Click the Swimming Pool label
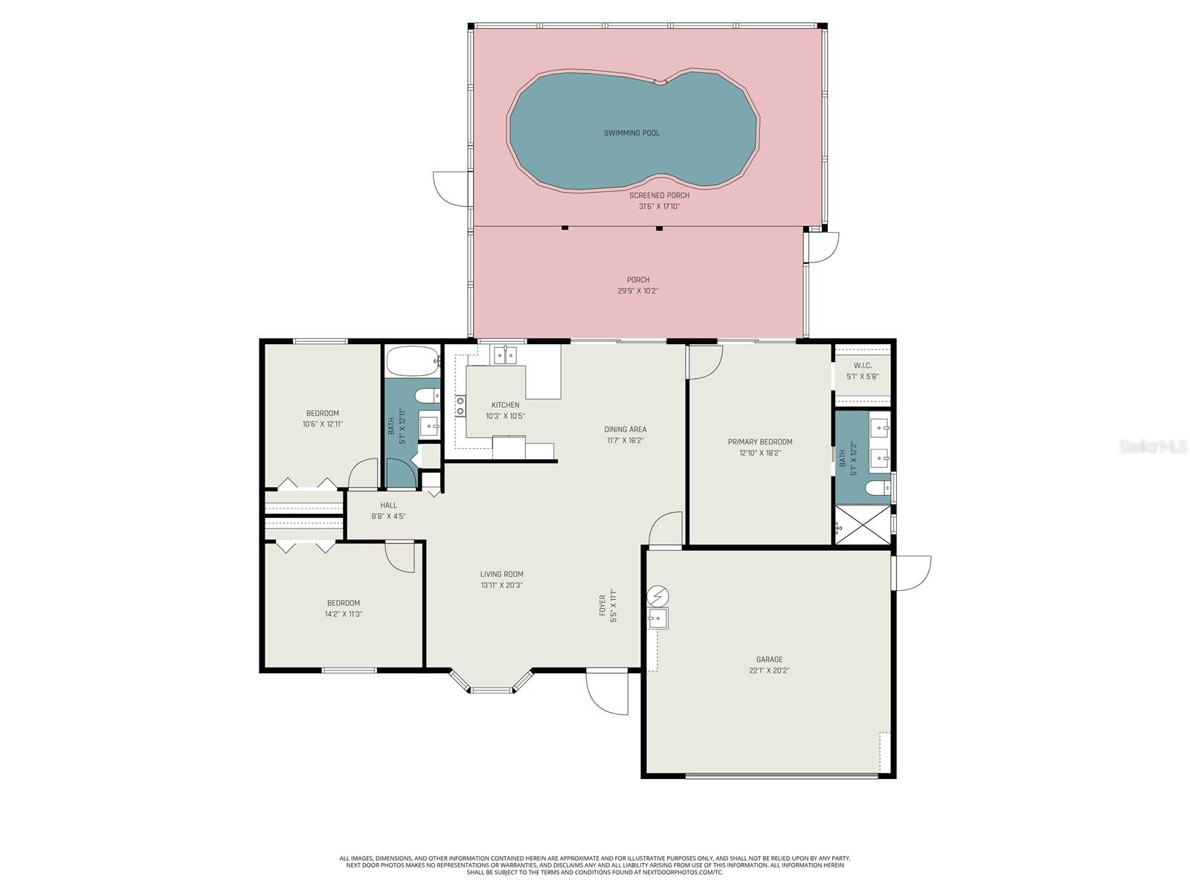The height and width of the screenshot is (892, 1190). point(631,133)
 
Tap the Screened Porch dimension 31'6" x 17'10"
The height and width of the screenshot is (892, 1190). point(659,207)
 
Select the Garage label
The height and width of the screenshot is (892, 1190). point(769,659)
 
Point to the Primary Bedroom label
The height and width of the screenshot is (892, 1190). point(760,442)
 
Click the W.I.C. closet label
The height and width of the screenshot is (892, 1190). point(863,366)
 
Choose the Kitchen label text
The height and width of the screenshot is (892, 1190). point(505,405)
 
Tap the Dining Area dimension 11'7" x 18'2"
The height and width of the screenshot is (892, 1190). point(625,440)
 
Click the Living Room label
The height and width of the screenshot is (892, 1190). point(501,574)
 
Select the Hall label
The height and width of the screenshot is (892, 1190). point(388,505)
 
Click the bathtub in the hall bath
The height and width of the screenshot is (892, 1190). point(413,361)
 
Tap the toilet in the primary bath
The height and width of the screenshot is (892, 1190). point(877,488)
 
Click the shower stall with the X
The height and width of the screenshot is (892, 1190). point(862,525)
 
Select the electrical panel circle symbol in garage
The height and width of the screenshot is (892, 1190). point(657,596)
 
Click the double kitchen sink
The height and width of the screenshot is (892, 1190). point(505,355)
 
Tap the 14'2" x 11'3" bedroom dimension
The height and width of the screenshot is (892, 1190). point(343,614)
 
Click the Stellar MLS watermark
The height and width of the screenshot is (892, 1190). point(1153,446)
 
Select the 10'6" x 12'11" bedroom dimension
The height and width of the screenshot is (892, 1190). point(323,424)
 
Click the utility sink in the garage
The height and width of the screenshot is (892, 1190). point(657,618)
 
